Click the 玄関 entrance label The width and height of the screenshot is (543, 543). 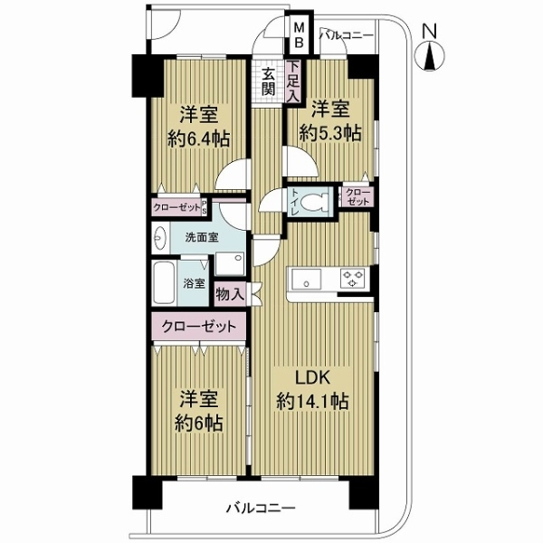click(x=270, y=81)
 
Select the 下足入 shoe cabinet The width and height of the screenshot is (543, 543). click(x=293, y=78)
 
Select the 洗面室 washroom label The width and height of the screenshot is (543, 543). click(x=201, y=238)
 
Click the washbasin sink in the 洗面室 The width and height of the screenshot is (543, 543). click(x=160, y=239)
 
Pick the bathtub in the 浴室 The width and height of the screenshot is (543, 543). click(x=165, y=286)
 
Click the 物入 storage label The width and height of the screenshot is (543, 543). click(x=229, y=293)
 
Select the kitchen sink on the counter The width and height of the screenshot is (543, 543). click(x=305, y=279)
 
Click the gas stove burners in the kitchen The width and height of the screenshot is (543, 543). click(x=352, y=279)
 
